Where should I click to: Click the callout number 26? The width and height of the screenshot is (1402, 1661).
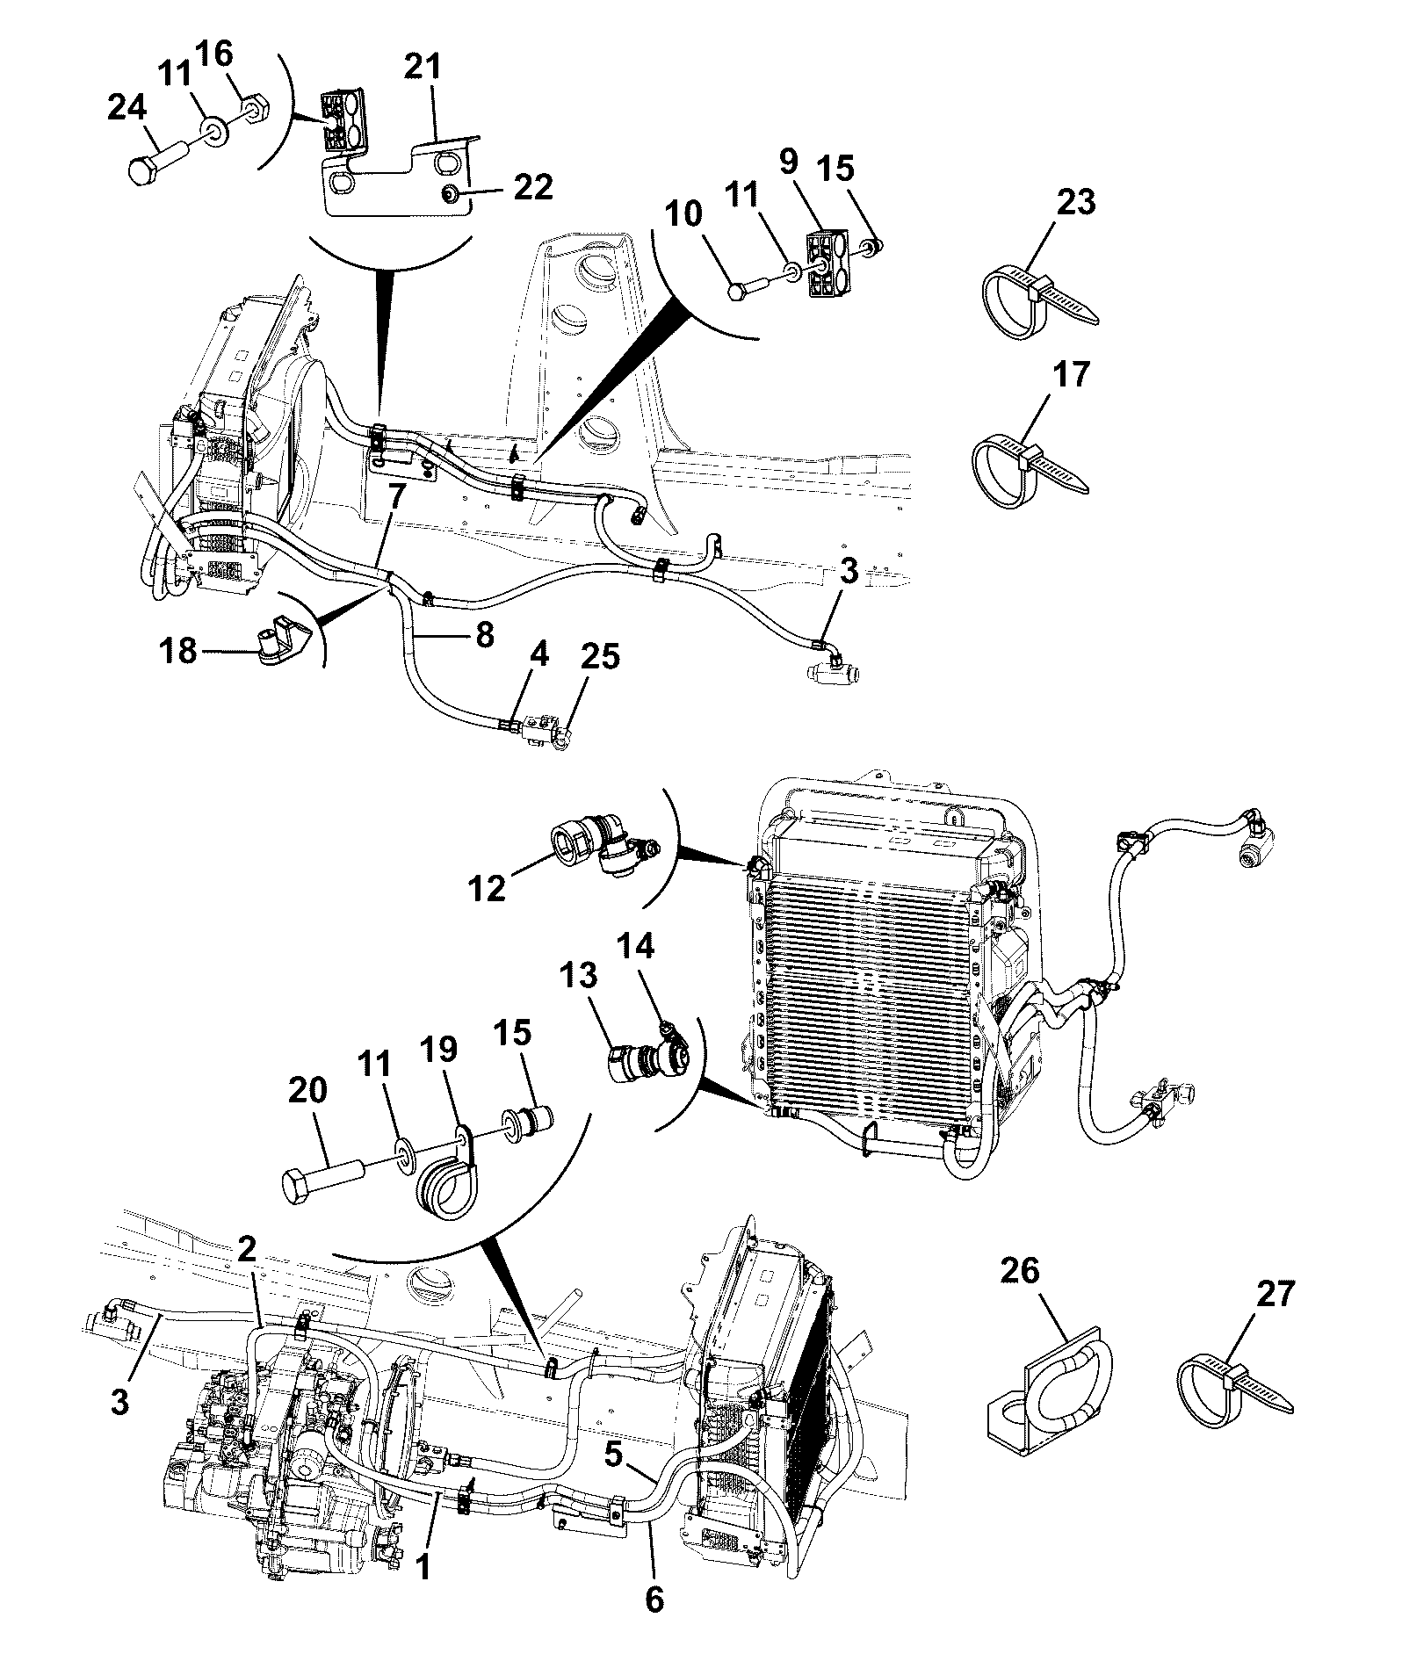pos(1019,1271)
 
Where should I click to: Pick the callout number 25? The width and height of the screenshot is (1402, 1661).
pos(599,656)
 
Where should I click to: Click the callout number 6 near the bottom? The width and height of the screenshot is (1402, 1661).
pos(655,1601)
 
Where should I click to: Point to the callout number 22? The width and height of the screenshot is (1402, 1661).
pos(532,187)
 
